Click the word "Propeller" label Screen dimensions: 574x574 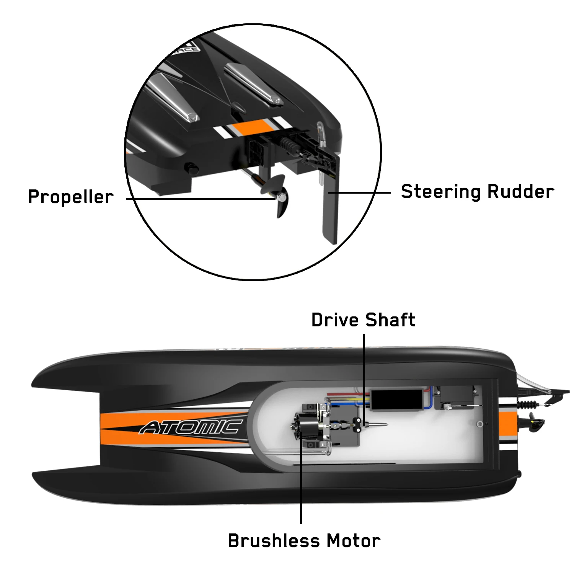pyautogui.click(x=71, y=197)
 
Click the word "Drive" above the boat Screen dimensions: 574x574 pyautogui.click(x=335, y=320)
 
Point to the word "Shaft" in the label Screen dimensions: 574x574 pyautogui.click(x=390, y=320)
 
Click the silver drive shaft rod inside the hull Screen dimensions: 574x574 pyautogui.click(x=377, y=424)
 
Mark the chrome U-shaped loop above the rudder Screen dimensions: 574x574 pyautogui.click(x=321, y=134)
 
